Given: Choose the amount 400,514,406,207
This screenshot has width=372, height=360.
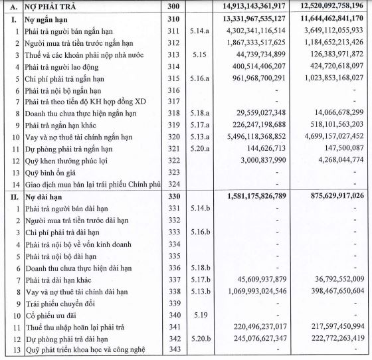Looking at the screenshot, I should pyautogui.click(x=254, y=66).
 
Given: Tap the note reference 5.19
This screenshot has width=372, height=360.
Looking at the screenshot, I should pyautogui.click(x=201, y=316).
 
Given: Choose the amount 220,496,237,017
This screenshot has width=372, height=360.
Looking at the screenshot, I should pyautogui.click(x=254, y=328).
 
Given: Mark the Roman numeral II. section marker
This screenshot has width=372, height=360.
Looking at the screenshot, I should pyautogui.click(x=11, y=197).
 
